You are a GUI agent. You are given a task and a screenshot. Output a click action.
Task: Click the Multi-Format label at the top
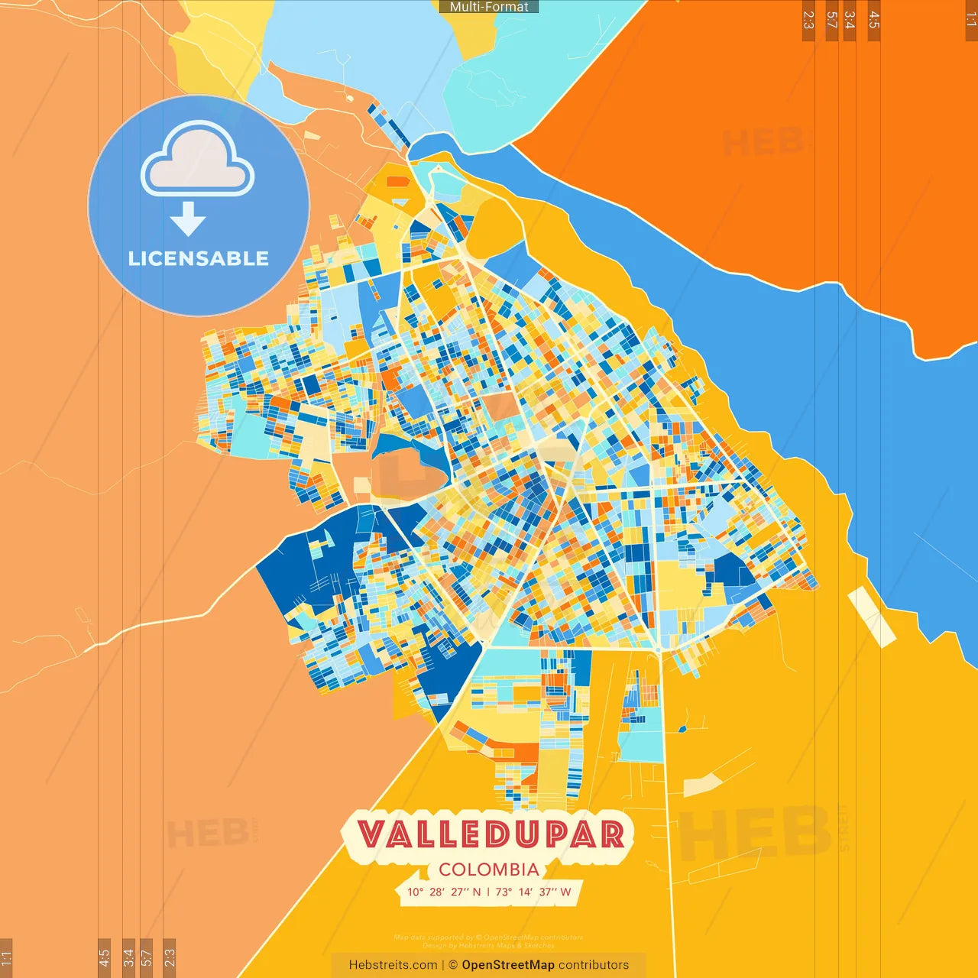click(489, 7)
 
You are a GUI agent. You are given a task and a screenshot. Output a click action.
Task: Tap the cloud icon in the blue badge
click(197, 159)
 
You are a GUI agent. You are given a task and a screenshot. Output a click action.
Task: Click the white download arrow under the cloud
click(188, 219)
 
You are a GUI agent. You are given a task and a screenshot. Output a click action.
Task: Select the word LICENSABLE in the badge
click(199, 258)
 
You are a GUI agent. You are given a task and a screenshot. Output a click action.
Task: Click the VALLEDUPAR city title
click(491, 834)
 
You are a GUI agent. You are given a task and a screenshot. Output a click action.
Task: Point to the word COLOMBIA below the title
click(489, 870)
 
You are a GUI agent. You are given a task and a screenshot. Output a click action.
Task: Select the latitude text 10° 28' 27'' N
click(444, 892)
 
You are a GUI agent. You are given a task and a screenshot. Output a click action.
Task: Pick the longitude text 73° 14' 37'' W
click(533, 892)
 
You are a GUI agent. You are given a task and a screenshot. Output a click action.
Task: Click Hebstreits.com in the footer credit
click(393, 965)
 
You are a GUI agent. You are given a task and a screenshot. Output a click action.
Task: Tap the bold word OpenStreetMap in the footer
click(508, 965)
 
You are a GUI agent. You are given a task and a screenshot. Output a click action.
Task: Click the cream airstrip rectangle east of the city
click(871, 617)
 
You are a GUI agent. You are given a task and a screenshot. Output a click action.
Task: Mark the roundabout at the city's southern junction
click(658, 649)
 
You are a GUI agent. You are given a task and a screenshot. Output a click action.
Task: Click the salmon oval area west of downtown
click(405, 475)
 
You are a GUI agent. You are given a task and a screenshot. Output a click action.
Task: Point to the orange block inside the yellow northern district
click(398, 182)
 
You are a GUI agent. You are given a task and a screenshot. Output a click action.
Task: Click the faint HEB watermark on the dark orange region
click(764, 142)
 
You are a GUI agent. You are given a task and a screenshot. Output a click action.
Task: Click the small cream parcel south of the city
click(701, 784)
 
